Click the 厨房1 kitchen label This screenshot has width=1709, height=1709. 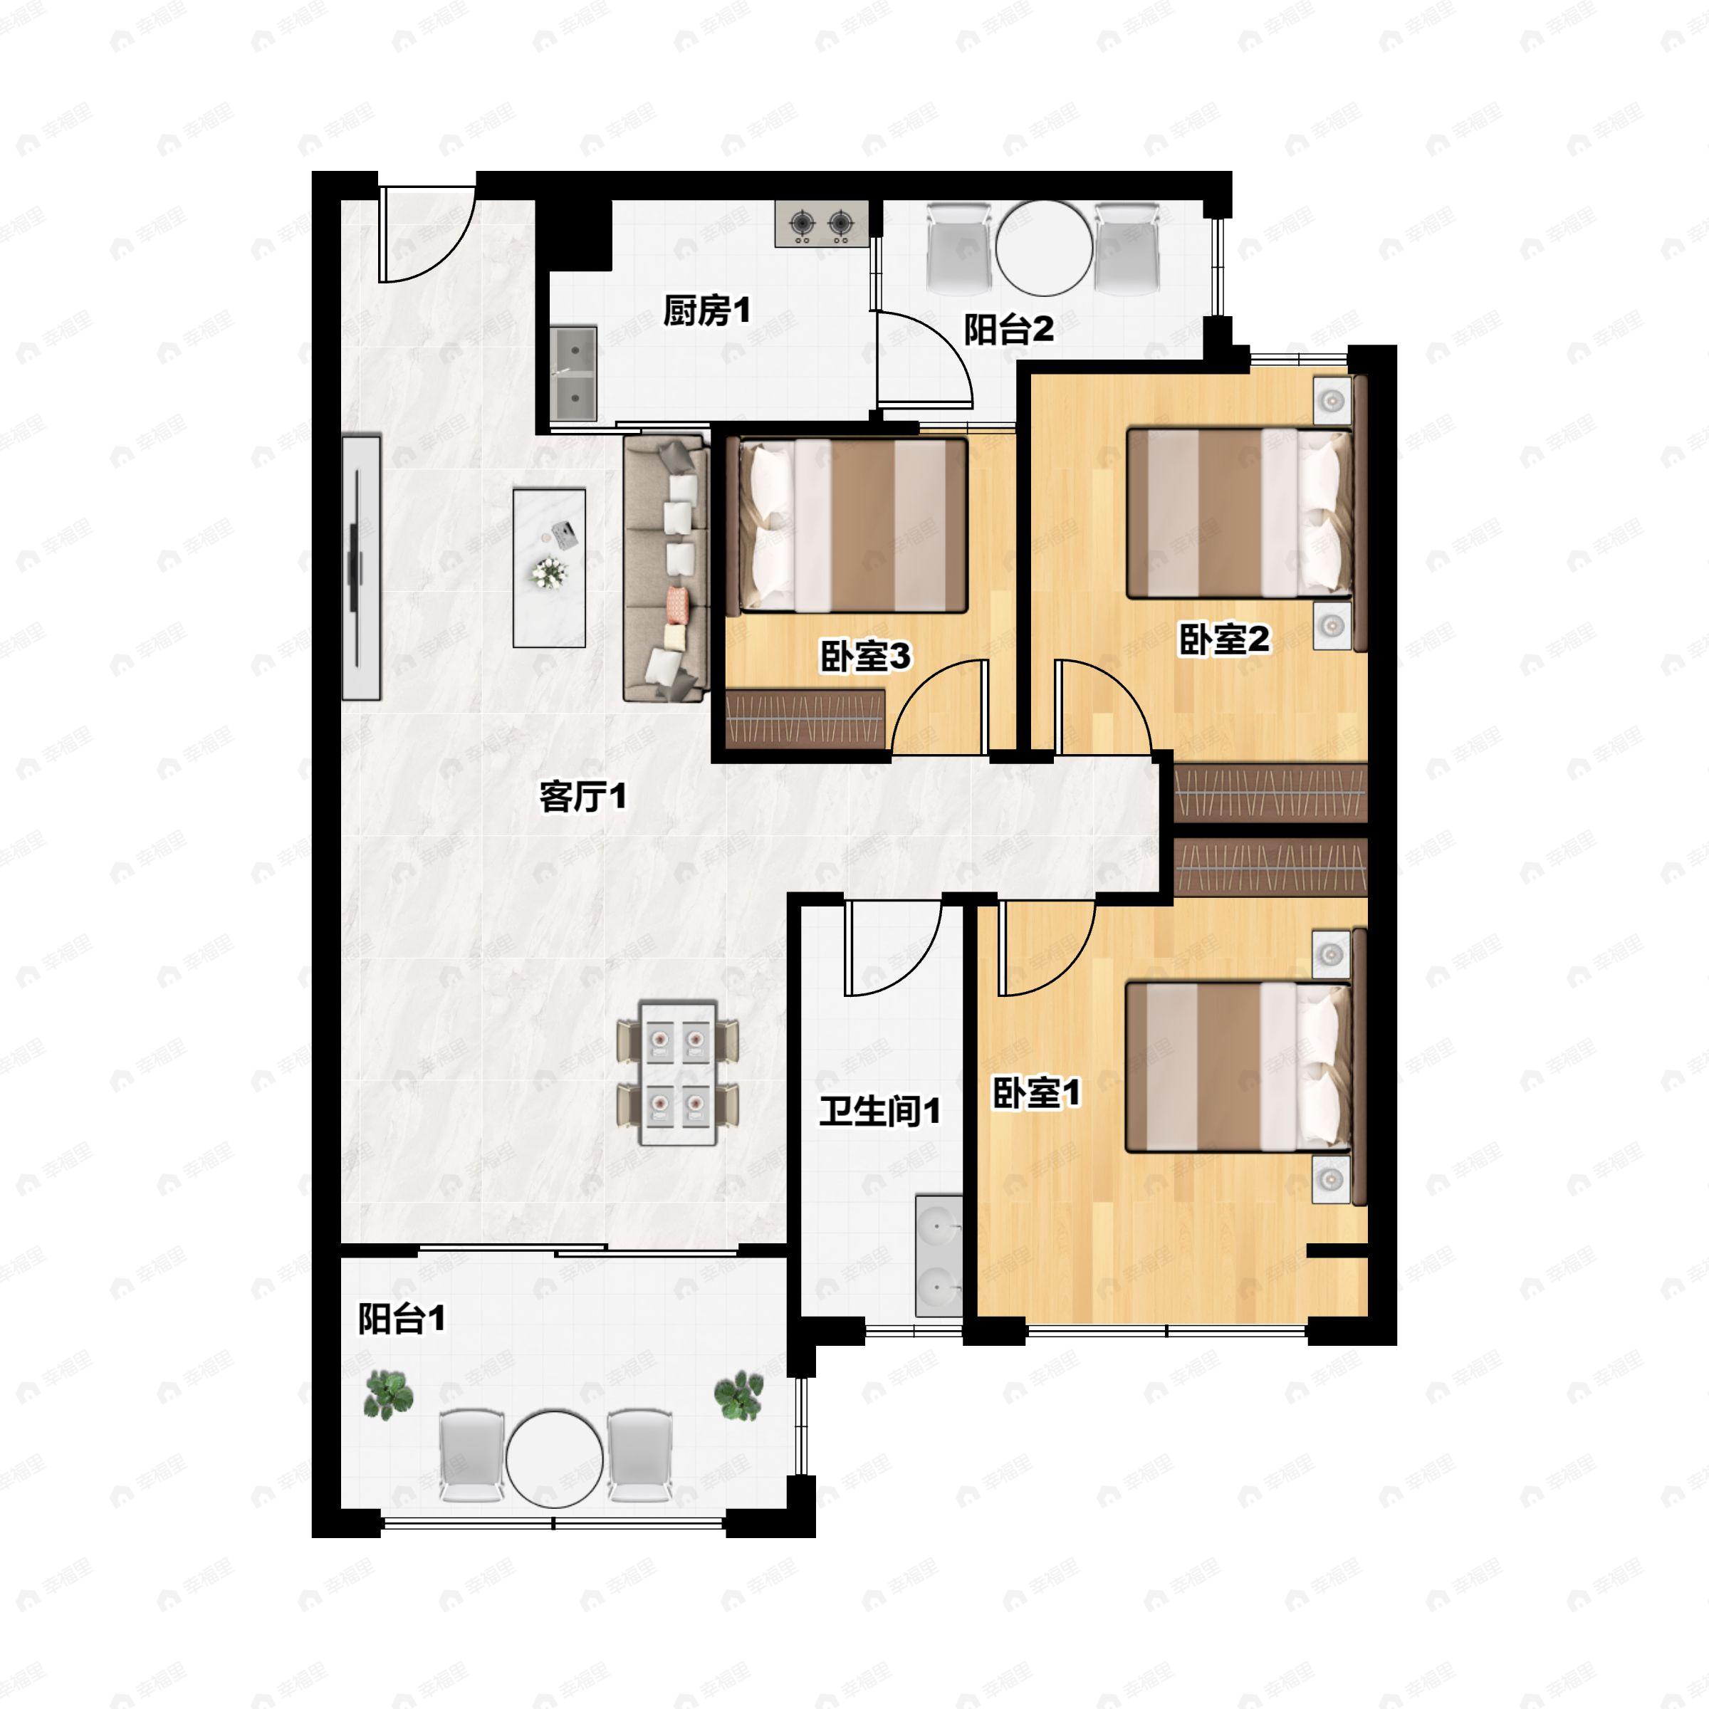707,311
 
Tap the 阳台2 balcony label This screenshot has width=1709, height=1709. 1008,330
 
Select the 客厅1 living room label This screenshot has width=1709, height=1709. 583,797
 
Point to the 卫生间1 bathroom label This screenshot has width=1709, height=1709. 879,1111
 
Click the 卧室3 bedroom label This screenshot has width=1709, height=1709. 865,657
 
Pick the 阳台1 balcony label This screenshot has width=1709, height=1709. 402,1319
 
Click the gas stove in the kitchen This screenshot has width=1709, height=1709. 821,223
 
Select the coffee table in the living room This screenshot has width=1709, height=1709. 549,568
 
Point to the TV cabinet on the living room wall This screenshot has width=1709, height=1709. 362,567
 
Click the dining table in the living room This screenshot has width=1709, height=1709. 678,1074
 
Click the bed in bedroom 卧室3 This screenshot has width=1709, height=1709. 852,526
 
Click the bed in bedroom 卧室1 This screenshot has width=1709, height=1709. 1238,1067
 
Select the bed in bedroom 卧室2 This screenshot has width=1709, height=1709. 1238,513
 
